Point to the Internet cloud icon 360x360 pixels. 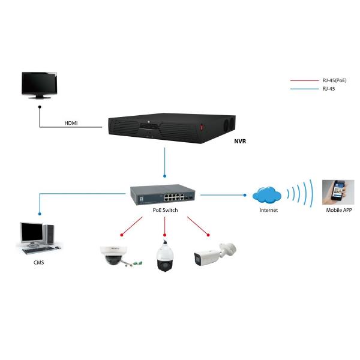pyautogui.click(x=268, y=195)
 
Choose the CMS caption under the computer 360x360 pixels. pyautogui.click(x=38, y=262)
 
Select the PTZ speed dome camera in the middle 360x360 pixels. pyautogui.click(x=164, y=257)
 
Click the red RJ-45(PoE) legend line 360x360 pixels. pyautogui.click(x=303, y=80)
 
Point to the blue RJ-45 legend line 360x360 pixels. pyautogui.click(x=303, y=89)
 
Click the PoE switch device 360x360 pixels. pyautogui.click(x=162, y=193)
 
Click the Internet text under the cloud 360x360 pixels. pyautogui.click(x=268, y=211)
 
